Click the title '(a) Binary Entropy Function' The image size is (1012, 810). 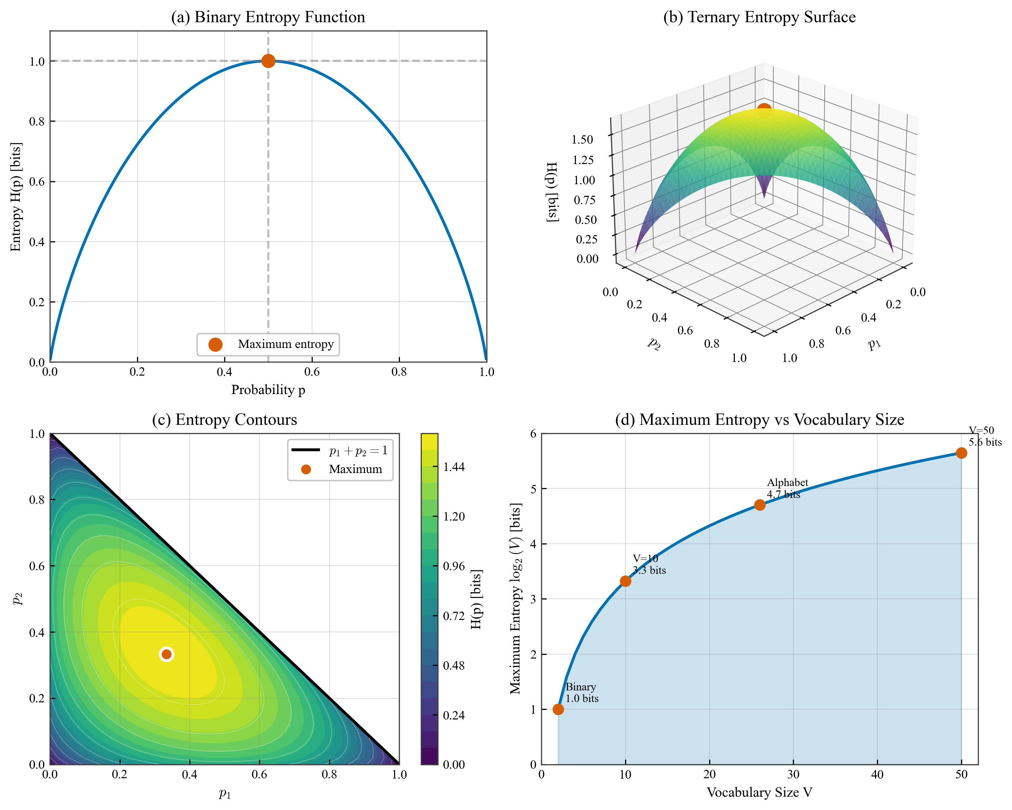tap(268, 17)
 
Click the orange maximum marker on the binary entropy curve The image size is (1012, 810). tap(268, 61)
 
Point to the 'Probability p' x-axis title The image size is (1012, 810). tap(268, 390)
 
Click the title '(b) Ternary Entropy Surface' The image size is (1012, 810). tap(759, 17)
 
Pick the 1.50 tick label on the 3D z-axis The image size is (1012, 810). tap(582, 139)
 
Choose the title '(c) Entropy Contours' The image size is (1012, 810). tap(224, 420)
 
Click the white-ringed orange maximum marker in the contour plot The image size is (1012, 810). tap(166, 654)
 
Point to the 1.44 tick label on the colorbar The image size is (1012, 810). tap(454, 467)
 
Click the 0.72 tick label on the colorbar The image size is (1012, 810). tap(454, 616)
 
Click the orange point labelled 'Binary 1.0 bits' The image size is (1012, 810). tap(558, 709)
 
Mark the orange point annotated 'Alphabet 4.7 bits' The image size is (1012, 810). tap(759, 505)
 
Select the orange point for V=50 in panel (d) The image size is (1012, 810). tap(961, 453)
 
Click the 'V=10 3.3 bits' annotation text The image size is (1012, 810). tap(649, 564)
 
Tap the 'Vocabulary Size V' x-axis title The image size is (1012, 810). tap(759, 792)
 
